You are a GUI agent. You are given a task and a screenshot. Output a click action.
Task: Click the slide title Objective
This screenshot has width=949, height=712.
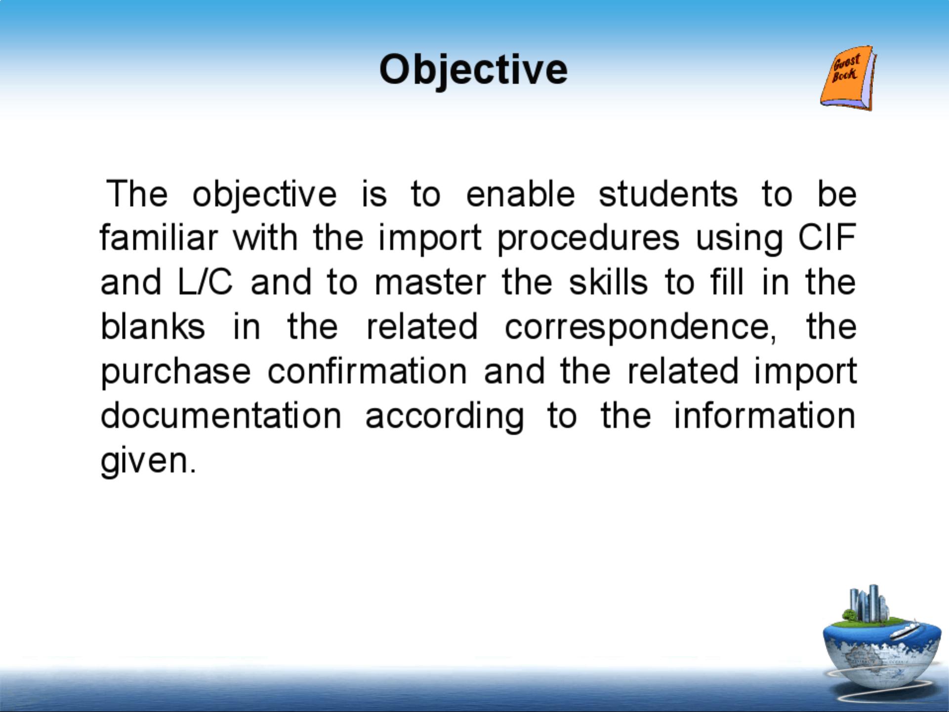pos(473,70)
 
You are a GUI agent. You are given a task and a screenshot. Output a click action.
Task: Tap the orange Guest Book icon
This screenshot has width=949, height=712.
pos(848,78)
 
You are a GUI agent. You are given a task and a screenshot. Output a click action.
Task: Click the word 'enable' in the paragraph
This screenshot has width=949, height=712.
pos(520,194)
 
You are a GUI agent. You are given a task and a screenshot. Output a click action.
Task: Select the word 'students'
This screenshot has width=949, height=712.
pos(668,194)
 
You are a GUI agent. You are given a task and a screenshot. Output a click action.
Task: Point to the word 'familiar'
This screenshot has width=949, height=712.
pos(159,238)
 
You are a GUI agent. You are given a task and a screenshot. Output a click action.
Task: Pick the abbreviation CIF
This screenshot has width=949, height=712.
pos(827,238)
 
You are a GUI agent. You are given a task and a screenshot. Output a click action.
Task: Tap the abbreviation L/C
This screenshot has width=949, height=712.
pos(205,282)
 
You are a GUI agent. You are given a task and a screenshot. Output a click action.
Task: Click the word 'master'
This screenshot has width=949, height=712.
pos(430,282)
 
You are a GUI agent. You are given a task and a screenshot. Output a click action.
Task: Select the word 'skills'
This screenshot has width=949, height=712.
pos(608,282)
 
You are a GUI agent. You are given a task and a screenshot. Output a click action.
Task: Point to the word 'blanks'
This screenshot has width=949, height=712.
pos(153,327)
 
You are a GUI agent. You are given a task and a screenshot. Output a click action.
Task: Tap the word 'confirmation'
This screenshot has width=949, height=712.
pos(367,371)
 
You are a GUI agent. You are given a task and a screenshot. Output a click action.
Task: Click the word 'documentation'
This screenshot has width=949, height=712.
pos(221,416)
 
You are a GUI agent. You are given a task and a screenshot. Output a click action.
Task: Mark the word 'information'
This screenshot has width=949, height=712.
pos(765,416)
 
